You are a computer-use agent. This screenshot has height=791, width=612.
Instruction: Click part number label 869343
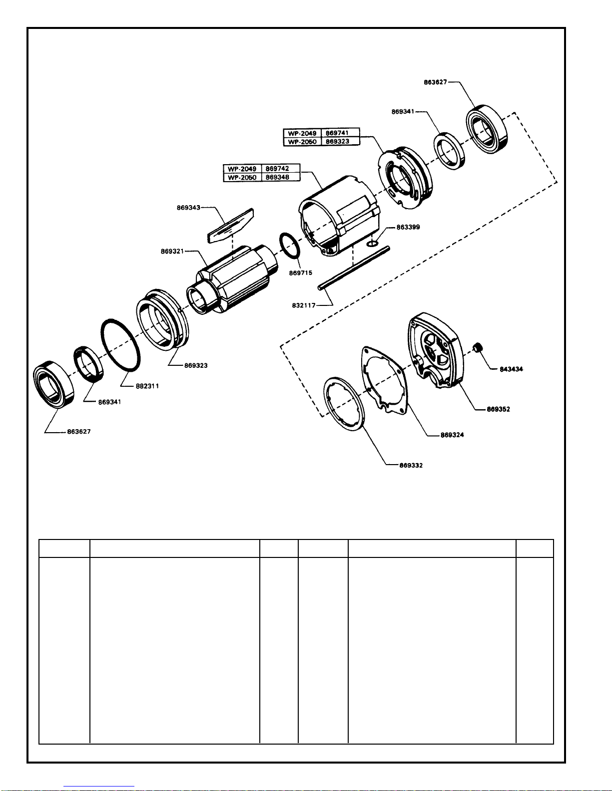188,208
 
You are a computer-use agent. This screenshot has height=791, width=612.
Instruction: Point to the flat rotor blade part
231,226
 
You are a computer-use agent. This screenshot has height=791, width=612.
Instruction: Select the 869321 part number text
172,251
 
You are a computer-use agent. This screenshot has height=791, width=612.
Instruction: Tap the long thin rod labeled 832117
353,268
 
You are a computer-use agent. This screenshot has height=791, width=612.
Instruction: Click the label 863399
408,227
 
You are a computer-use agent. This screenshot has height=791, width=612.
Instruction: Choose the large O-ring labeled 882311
120,345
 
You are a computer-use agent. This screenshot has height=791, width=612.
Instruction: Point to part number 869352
499,409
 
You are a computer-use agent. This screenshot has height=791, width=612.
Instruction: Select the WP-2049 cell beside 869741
302,133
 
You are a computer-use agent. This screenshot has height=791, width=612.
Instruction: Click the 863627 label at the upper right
435,82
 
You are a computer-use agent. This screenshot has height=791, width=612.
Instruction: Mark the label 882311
147,386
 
